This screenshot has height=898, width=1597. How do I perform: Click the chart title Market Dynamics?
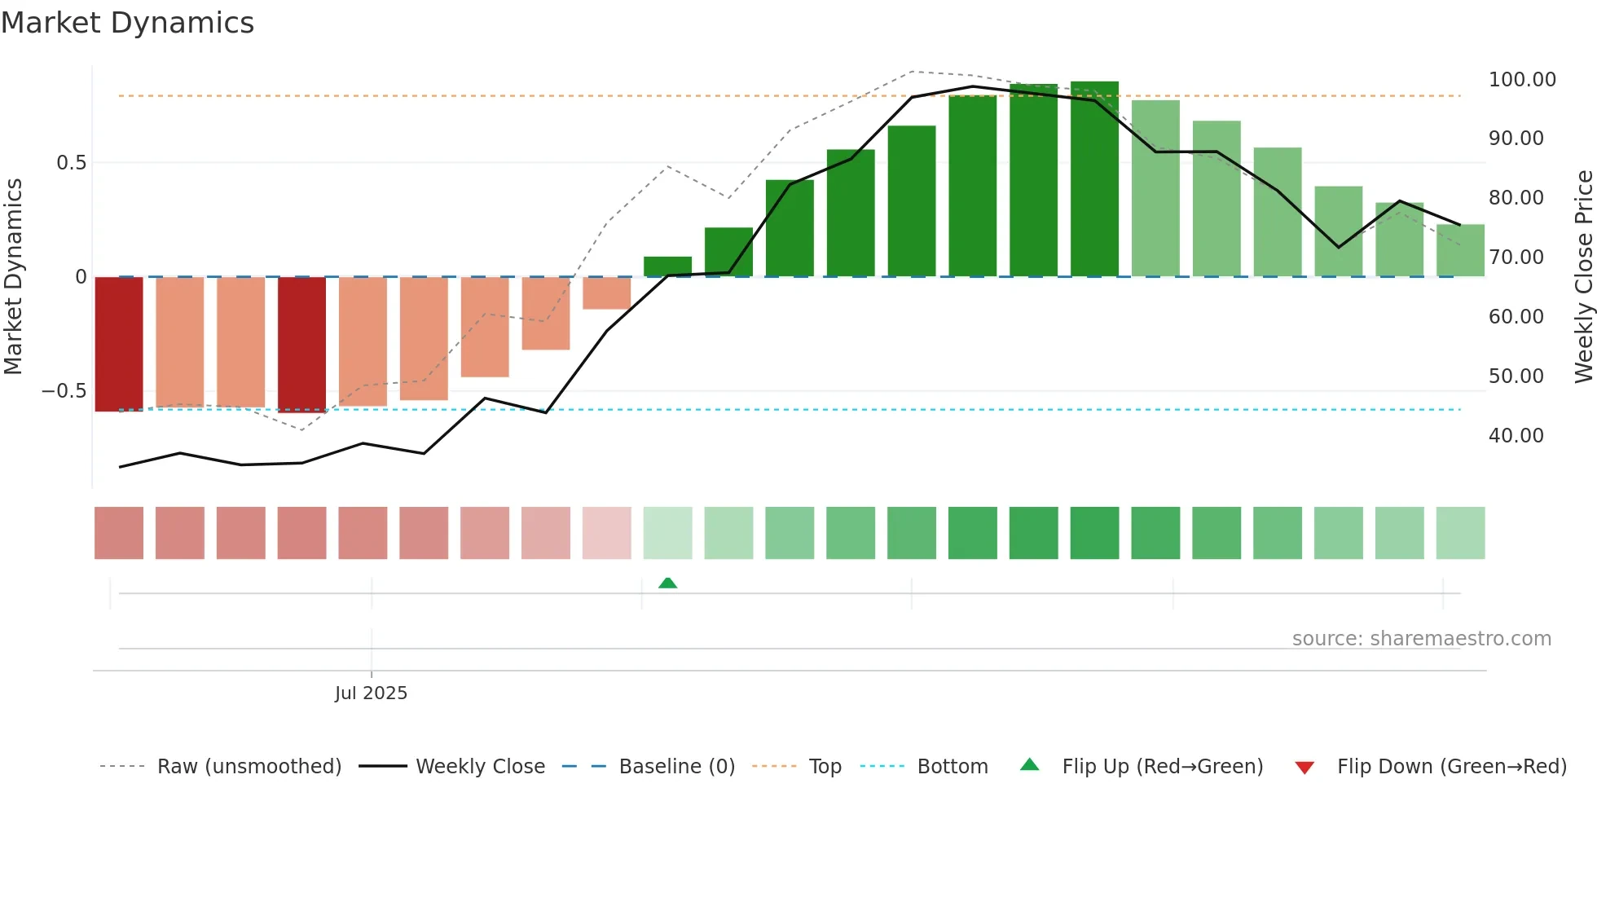click(x=127, y=23)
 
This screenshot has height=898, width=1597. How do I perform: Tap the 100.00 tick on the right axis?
click(x=1521, y=80)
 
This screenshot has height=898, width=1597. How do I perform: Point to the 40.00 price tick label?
click(x=1516, y=436)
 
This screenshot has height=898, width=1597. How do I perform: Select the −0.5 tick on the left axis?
click(x=64, y=391)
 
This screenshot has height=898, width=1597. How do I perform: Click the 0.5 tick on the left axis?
click(x=71, y=163)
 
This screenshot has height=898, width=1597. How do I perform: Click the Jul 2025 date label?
click(x=371, y=693)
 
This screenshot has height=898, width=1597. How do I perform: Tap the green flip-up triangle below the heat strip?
click(x=667, y=583)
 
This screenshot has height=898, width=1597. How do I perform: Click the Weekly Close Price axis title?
click(x=1583, y=277)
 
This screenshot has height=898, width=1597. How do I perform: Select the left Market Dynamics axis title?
click(x=13, y=277)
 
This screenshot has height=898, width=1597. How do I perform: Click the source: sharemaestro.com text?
click(x=1421, y=639)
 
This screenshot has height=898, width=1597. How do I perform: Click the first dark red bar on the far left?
click(x=119, y=344)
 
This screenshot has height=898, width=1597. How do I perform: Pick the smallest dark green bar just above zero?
click(x=667, y=266)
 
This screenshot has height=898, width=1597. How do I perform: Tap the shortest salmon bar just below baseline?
click(x=607, y=293)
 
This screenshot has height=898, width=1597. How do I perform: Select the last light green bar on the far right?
click(x=1460, y=250)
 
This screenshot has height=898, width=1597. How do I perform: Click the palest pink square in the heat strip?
click(x=607, y=533)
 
